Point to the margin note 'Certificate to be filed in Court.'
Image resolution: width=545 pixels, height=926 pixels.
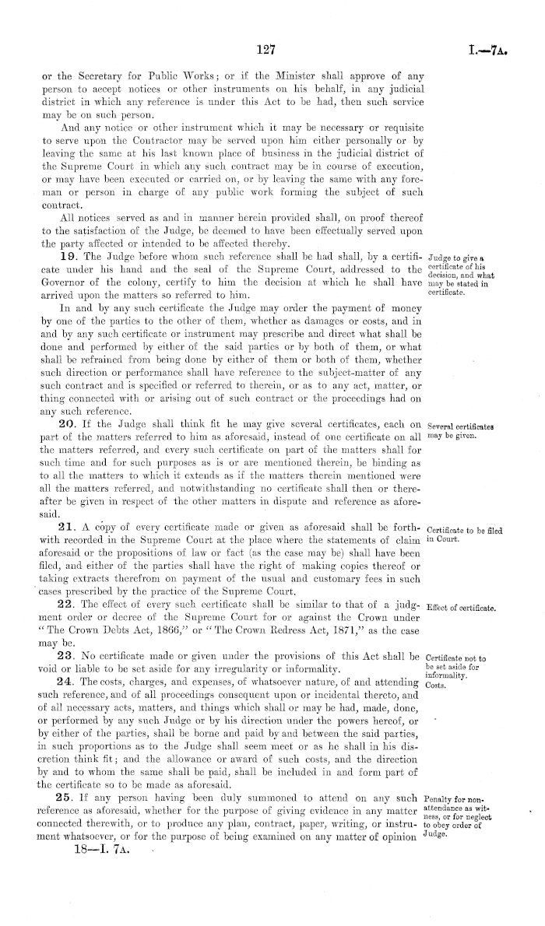pyautogui.click(x=464, y=515)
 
